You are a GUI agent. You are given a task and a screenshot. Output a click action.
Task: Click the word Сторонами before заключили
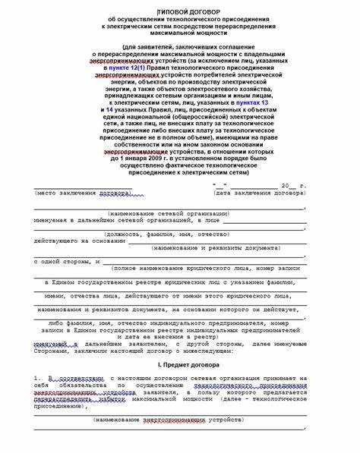53,350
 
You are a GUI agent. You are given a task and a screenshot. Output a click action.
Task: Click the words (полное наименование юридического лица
166,268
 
